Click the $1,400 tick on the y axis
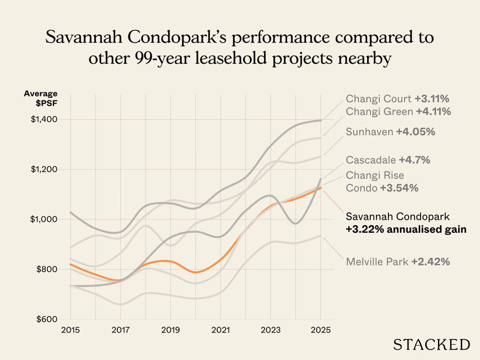coord(44,119)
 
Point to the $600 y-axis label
coord(46,319)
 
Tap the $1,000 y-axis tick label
coord(44,219)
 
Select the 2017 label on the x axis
coord(121,330)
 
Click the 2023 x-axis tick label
coord(271,330)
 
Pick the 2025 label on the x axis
coord(320,330)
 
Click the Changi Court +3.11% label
coord(397,99)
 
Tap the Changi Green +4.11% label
coord(398,112)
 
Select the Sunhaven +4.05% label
coord(390,132)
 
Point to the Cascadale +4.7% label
coord(388,160)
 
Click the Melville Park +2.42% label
coord(398,262)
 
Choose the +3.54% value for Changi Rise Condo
coord(399,188)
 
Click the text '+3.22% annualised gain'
coord(406,229)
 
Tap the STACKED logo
coord(431,344)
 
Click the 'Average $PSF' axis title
coord(41,98)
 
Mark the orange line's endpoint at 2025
coord(321,188)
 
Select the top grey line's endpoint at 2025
coord(321,121)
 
